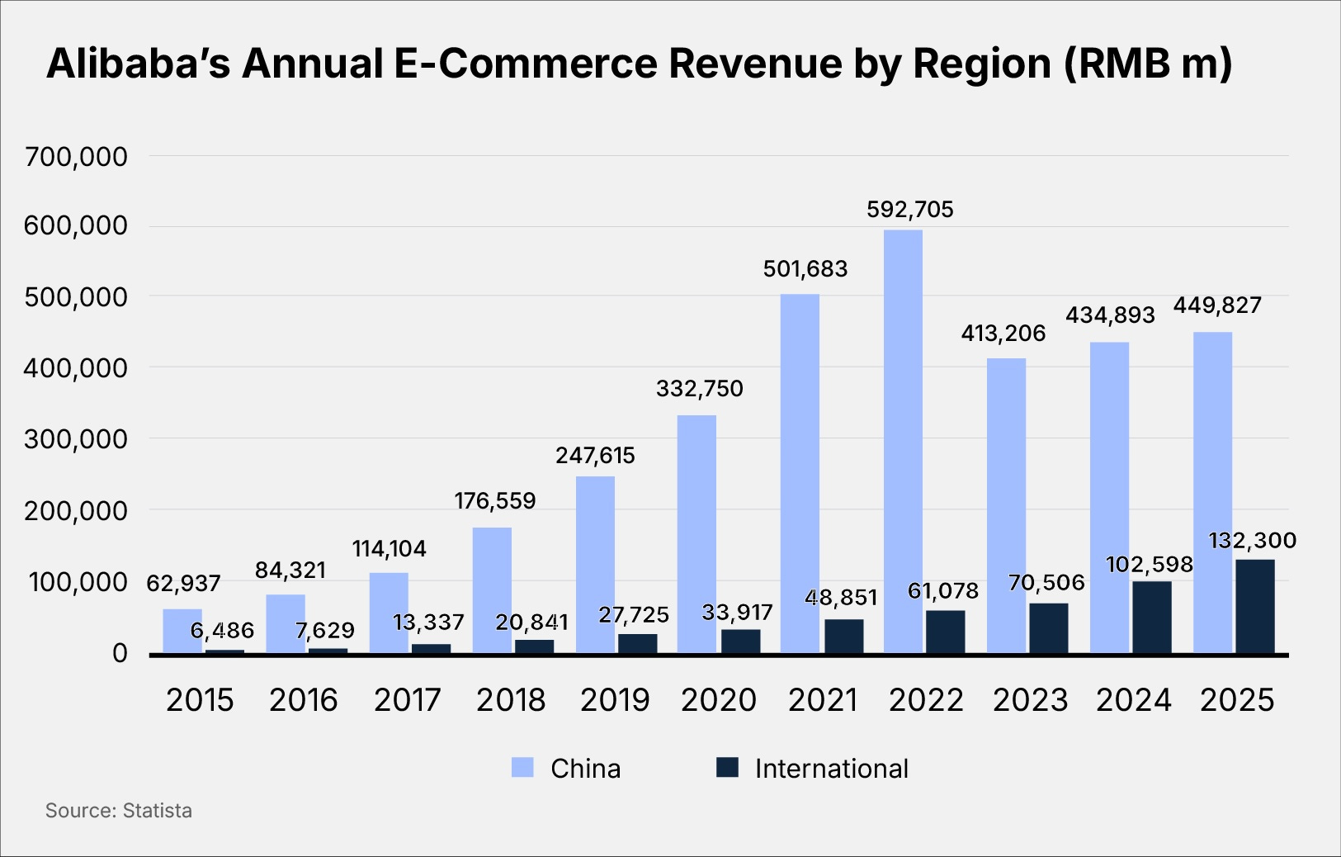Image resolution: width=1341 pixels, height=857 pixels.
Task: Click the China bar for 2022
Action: pyautogui.click(x=903, y=442)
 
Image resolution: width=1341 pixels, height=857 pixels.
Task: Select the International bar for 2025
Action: pyautogui.click(x=1254, y=607)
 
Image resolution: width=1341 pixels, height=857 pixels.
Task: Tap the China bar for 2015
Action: pyautogui.click(x=182, y=632)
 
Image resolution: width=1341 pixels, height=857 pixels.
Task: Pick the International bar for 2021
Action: pyautogui.click(x=843, y=637)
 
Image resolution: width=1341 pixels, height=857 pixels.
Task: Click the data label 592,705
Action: pyautogui.click(x=909, y=210)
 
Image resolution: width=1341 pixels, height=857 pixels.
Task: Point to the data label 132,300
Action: pyautogui.click(x=1252, y=541)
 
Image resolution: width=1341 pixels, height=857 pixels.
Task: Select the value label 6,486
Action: pyautogui.click(x=222, y=631)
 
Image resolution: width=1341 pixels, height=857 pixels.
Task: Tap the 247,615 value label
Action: pyautogui.click(x=595, y=456)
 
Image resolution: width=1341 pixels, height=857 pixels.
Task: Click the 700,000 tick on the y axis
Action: pyautogui.click(x=76, y=156)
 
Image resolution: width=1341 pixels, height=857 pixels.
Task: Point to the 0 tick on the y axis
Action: pyautogui.click(x=120, y=653)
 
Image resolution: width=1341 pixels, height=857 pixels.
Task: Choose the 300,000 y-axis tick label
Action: pyautogui.click(x=76, y=439)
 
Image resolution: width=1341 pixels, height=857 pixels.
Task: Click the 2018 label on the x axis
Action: pyautogui.click(x=511, y=700)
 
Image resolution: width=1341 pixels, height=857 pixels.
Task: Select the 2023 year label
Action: pyautogui.click(x=1030, y=700)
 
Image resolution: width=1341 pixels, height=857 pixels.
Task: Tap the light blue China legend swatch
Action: pyautogui.click(x=522, y=768)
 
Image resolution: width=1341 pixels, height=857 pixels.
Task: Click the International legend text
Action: pyautogui.click(x=831, y=769)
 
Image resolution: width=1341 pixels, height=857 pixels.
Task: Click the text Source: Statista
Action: pyautogui.click(x=119, y=811)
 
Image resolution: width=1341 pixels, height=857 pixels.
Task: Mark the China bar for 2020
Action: pyautogui.click(x=696, y=535)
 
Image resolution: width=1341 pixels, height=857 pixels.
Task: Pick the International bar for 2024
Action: pyautogui.click(x=1151, y=618)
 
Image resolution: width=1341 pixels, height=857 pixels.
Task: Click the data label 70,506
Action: pyautogui.click(x=1046, y=583)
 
